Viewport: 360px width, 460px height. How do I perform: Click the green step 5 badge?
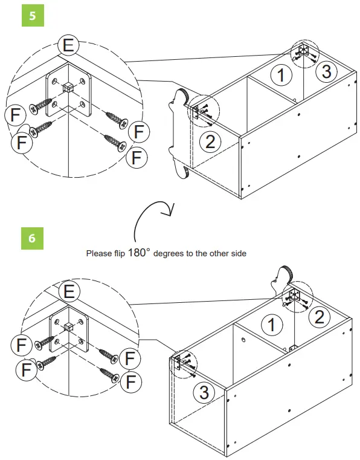point(33,15)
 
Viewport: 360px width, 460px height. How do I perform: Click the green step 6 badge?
point(32,238)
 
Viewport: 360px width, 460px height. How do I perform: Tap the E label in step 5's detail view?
point(69,45)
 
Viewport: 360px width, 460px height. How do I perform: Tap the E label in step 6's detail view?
point(69,291)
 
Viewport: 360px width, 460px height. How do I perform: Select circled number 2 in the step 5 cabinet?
point(210,142)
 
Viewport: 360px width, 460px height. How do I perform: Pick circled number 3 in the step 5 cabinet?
point(327,71)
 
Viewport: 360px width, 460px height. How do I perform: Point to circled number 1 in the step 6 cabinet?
point(272,325)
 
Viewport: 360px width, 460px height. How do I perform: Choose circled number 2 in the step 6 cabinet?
point(320,317)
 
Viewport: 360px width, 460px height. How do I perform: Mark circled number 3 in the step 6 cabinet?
point(204,392)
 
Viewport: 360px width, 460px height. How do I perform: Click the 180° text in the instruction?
point(139,252)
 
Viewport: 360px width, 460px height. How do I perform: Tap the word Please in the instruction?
point(99,253)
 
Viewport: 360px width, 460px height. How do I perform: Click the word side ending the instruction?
point(239,253)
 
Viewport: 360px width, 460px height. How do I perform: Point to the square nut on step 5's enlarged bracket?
point(68,87)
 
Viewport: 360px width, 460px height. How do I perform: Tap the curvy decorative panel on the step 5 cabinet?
point(179,134)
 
